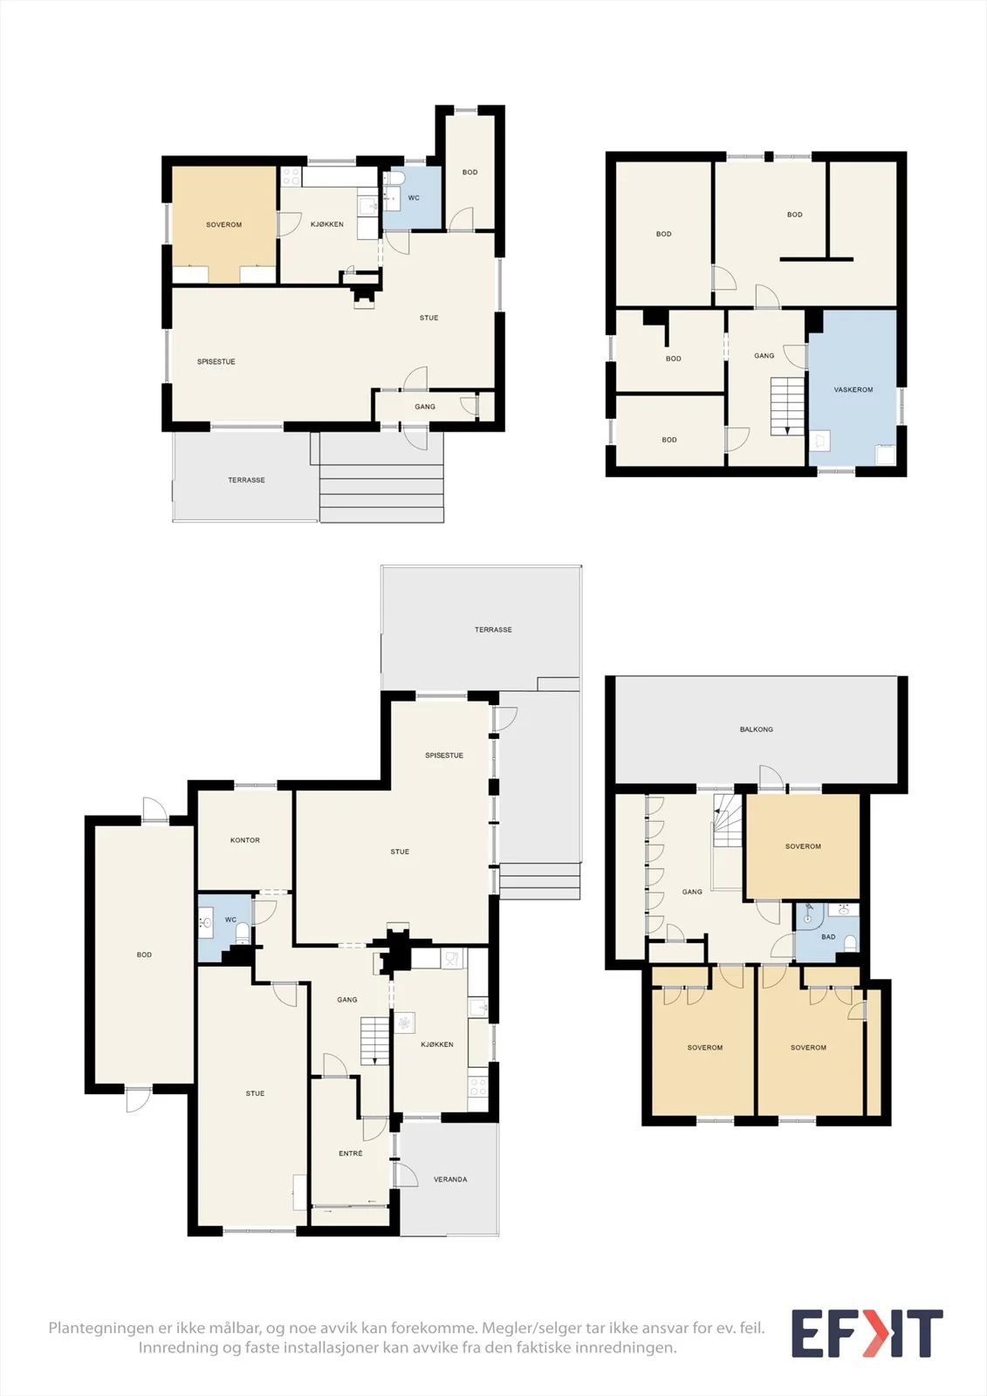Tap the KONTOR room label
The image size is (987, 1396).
[245, 840]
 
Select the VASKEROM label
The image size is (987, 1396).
[853, 389]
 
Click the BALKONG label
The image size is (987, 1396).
[757, 729]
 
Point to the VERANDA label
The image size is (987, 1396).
[450, 1179]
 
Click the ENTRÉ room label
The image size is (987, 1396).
[351, 1153]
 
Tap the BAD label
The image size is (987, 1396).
[828, 937]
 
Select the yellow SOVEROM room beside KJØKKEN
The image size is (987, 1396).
[223, 224]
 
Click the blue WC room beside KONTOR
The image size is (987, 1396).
[224, 927]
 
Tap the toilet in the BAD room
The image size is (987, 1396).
[850, 943]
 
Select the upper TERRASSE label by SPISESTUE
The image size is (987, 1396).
[493, 629]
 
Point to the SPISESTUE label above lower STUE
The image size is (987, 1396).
[444, 756]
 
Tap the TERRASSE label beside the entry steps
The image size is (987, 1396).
[246, 480]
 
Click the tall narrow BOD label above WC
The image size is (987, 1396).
[470, 172]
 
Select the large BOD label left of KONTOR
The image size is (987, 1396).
[144, 955]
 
